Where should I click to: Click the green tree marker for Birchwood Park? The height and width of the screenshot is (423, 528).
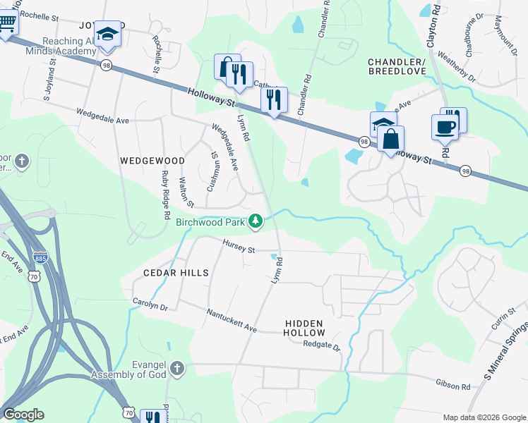[256, 222]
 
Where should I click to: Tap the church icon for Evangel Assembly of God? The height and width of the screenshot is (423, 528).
[176, 368]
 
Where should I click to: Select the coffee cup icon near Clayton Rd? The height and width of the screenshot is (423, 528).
[444, 127]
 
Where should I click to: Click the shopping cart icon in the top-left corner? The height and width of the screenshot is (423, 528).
[6, 23]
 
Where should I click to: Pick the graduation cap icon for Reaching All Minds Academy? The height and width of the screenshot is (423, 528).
[107, 35]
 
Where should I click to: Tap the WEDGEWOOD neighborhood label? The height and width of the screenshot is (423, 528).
[152, 161]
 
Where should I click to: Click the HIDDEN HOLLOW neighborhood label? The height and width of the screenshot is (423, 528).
[305, 328]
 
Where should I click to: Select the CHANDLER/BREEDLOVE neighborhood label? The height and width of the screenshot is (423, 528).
[407, 66]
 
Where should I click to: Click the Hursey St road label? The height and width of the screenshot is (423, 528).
[238, 246]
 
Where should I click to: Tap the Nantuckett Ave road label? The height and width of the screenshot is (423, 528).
[232, 320]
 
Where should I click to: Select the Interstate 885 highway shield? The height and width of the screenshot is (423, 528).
[41, 258]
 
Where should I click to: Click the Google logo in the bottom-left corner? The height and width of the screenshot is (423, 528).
[23, 415]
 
